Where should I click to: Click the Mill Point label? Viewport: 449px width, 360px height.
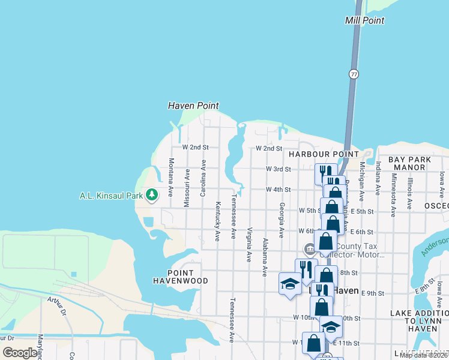(364, 20)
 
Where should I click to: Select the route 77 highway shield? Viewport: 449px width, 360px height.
(354, 74)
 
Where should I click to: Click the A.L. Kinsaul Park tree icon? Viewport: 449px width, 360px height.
(152, 194)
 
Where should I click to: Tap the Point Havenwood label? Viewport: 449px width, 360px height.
(180, 277)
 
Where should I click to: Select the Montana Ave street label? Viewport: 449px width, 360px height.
(171, 178)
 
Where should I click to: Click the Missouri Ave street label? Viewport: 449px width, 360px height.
(187, 183)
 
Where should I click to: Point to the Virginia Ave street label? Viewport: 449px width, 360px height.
(249, 244)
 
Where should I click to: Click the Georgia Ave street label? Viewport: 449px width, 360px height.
(281, 219)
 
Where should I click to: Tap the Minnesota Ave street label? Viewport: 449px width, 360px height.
(394, 194)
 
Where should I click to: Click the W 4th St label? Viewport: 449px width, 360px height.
(279, 190)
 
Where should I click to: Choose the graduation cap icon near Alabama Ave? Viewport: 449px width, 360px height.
(290, 283)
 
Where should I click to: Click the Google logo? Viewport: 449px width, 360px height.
(20, 353)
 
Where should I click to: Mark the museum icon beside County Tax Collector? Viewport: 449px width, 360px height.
(310, 248)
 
